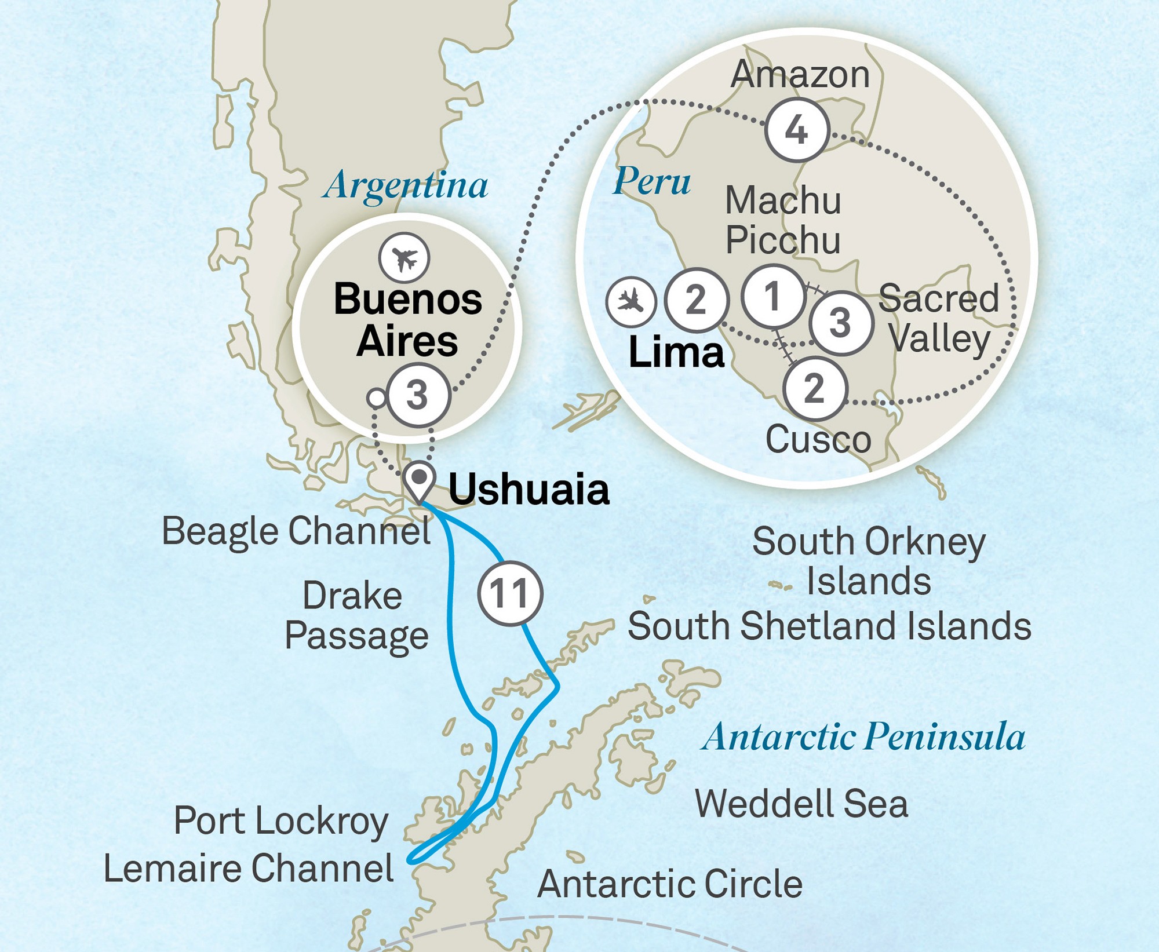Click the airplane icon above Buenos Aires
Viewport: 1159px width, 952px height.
(x=404, y=258)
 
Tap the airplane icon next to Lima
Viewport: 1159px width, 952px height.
(x=630, y=301)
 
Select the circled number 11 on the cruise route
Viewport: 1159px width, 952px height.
(x=510, y=593)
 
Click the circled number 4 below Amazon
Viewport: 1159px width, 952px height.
(x=797, y=130)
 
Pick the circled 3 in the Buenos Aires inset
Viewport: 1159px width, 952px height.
(x=418, y=396)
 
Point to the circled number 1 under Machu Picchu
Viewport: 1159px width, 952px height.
(x=772, y=296)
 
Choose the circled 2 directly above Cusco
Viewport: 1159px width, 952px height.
(x=814, y=388)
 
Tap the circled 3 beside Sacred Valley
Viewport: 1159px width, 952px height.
(x=840, y=323)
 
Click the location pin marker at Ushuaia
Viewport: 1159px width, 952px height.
(x=419, y=481)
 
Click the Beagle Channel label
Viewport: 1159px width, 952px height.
(x=296, y=531)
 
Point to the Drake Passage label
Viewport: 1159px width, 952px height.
(x=355, y=616)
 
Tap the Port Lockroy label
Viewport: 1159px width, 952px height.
(x=280, y=821)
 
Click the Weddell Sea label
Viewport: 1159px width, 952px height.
(x=801, y=804)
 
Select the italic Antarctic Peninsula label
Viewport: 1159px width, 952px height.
(x=863, y=737)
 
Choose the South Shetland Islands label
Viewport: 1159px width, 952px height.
(x=829, y=626)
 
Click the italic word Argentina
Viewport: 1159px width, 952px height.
(x=406, y=186)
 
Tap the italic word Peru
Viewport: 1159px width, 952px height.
(x=651, y=181)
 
